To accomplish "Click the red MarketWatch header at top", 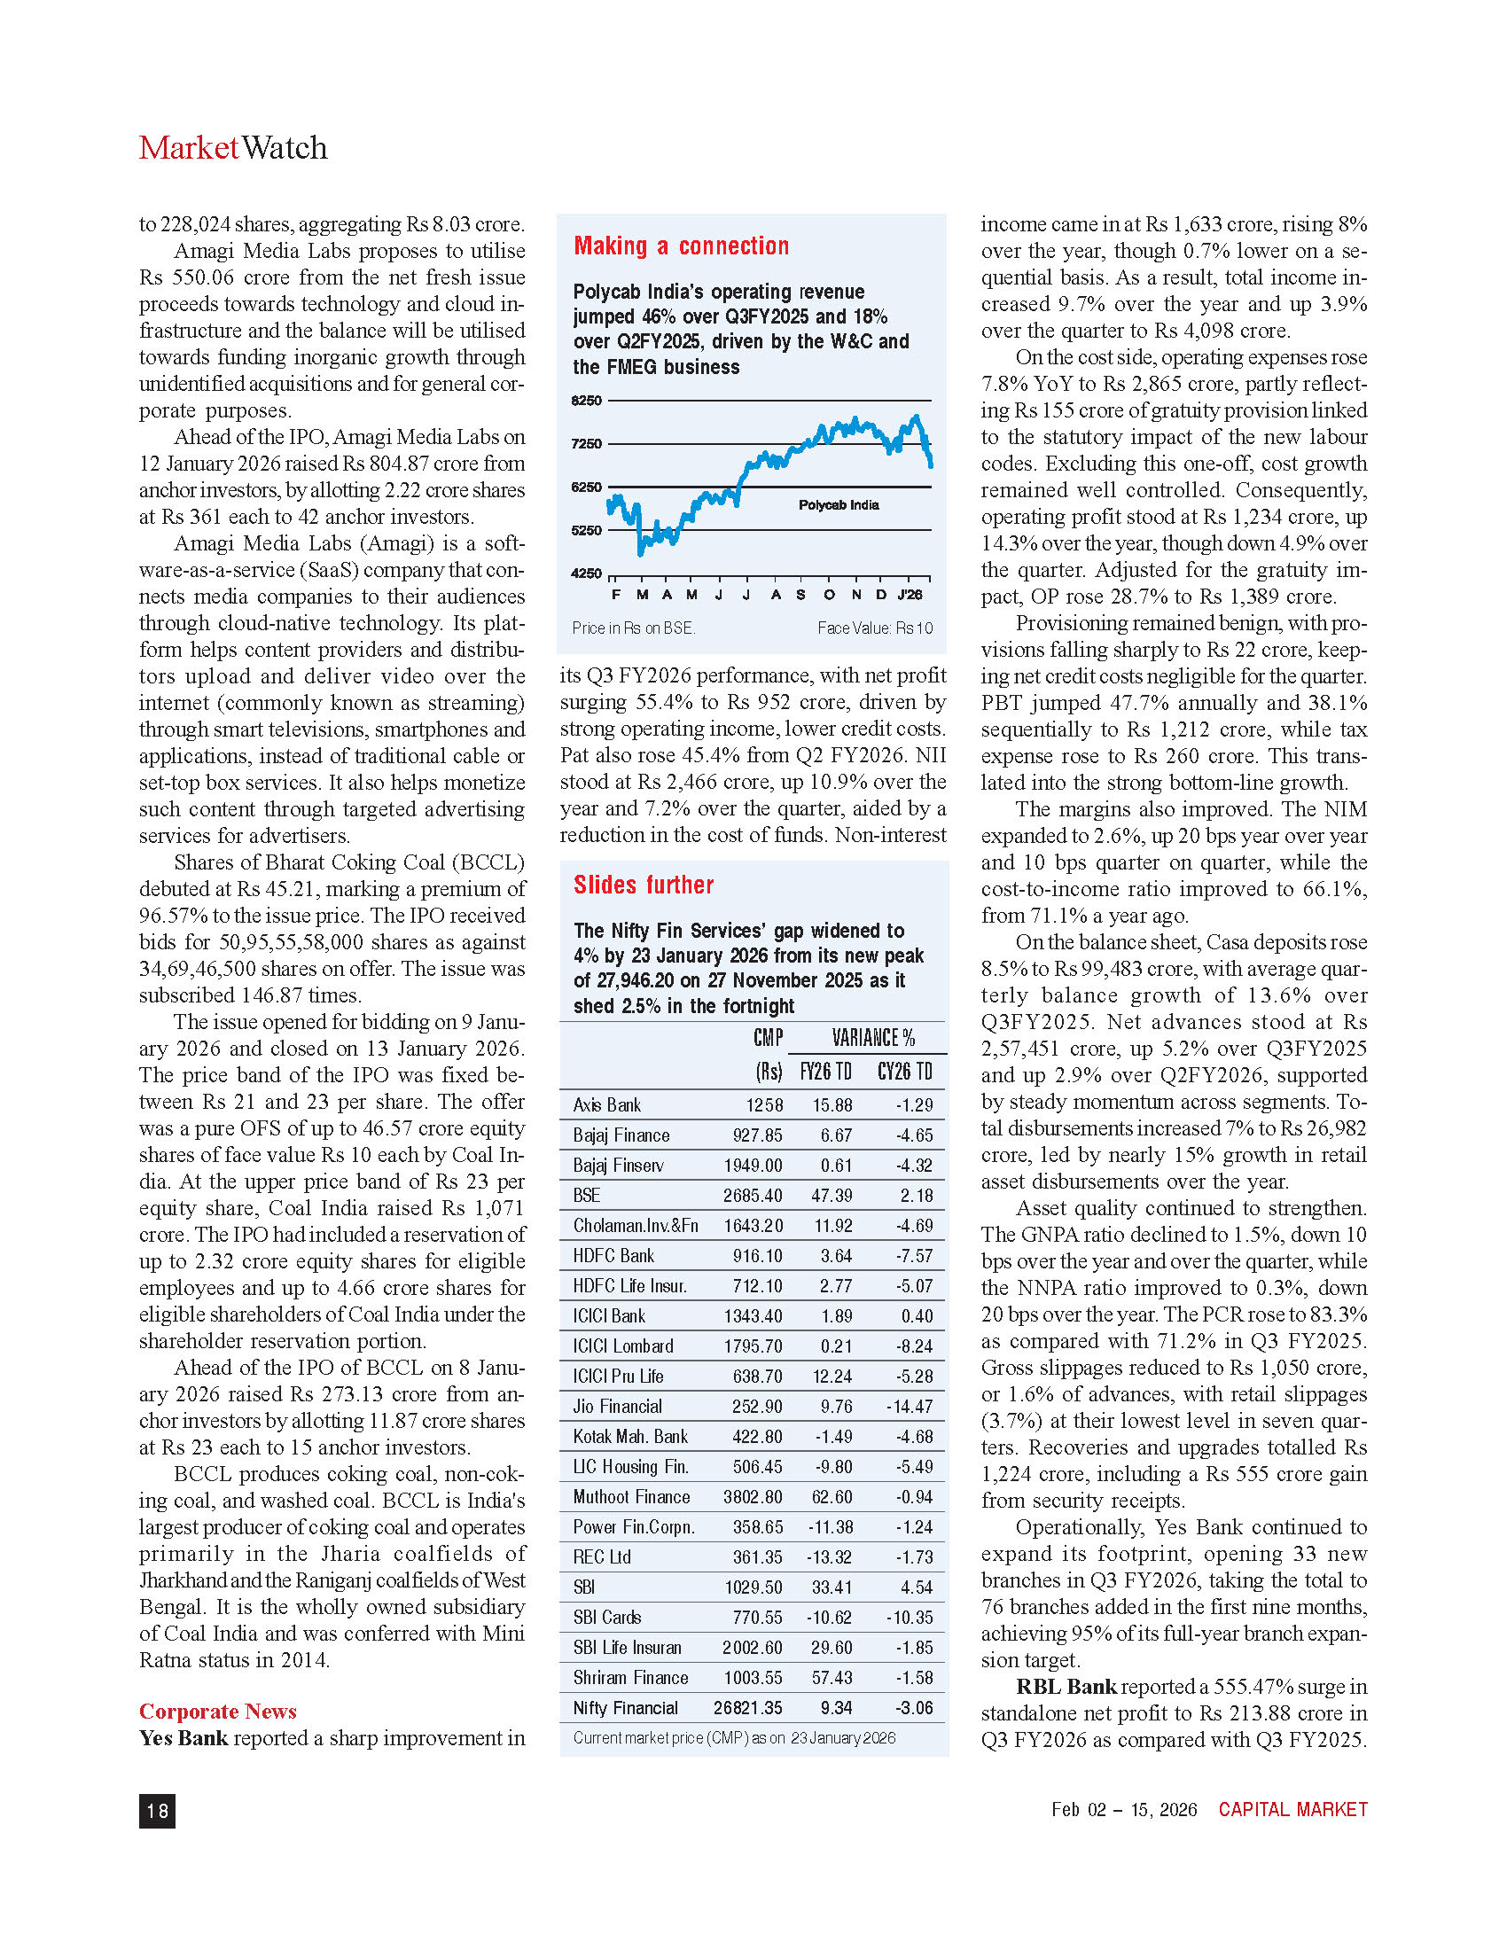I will (233, 148).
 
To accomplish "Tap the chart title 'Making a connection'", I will (681, 246).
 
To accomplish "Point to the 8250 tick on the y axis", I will (587, 401).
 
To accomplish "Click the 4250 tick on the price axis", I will (587, 573).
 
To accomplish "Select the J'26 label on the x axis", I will (910, 595).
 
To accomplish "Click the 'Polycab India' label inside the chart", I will (839, 505).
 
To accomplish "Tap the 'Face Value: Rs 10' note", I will (875, 628).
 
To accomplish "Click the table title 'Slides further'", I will (644, 885).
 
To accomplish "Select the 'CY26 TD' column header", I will (904, 1072).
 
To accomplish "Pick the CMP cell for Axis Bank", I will (764, 1105).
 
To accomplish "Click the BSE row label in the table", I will (587, 1196).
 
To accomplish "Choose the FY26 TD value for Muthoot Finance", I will (832, 1497).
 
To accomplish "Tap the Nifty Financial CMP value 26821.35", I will (748, 1708).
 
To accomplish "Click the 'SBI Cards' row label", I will (607, 1617).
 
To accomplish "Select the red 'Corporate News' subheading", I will (218, 1711).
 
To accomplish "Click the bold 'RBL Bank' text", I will (1066, 1687).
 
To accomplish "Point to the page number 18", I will (157, 1810).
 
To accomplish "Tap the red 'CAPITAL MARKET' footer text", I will (1292, 1809).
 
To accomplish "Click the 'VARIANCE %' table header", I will (873, 1038).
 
